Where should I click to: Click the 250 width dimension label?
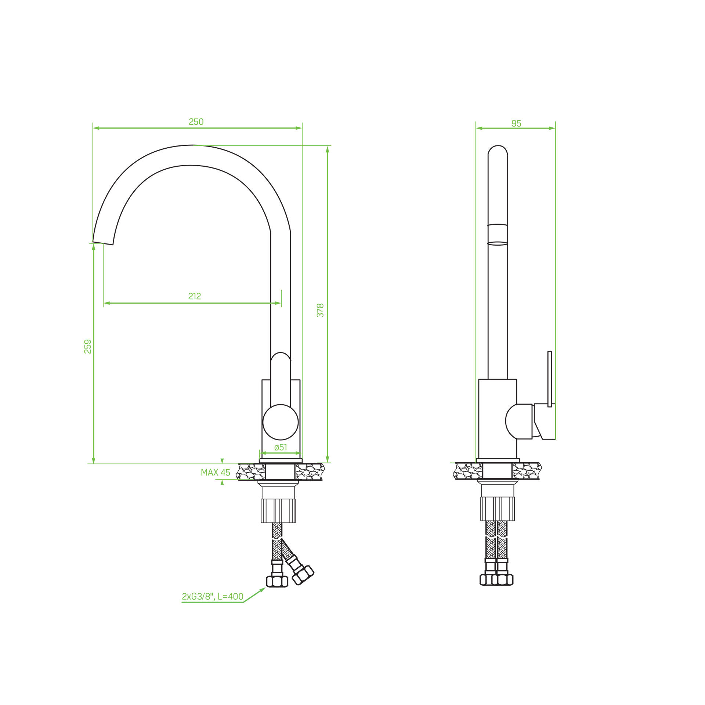click(x=196, y=122)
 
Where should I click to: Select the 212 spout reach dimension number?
click(x=195, y=296)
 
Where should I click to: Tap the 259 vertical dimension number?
click(x=88, y=346)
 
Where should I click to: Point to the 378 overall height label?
click(x=320, y=310)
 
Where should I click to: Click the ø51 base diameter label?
click(x=281, y=447)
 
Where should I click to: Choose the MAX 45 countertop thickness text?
click(x=216, y=473)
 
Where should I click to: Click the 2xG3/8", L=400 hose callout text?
click(x=213, y=597)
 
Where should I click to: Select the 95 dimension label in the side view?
click(x=516, y=123)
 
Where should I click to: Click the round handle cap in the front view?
click(x=281, y=422)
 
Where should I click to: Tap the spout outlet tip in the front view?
click(x=103, y=243)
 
